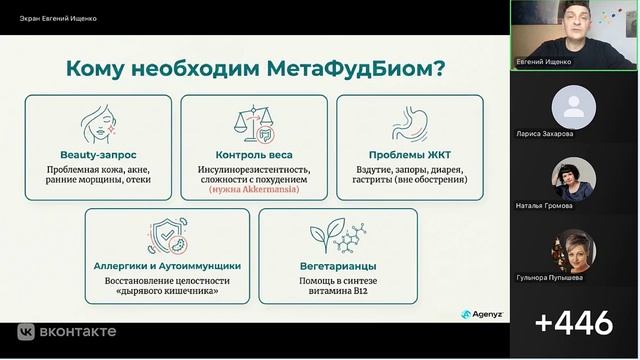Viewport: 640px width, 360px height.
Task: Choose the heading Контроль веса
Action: (x=255, y=156)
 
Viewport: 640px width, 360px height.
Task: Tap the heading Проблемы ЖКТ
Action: (x=409, y=156)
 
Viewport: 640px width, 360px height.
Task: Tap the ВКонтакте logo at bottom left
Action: (x=67, y=331)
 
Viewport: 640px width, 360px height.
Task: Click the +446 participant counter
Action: (x=573, y=323)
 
